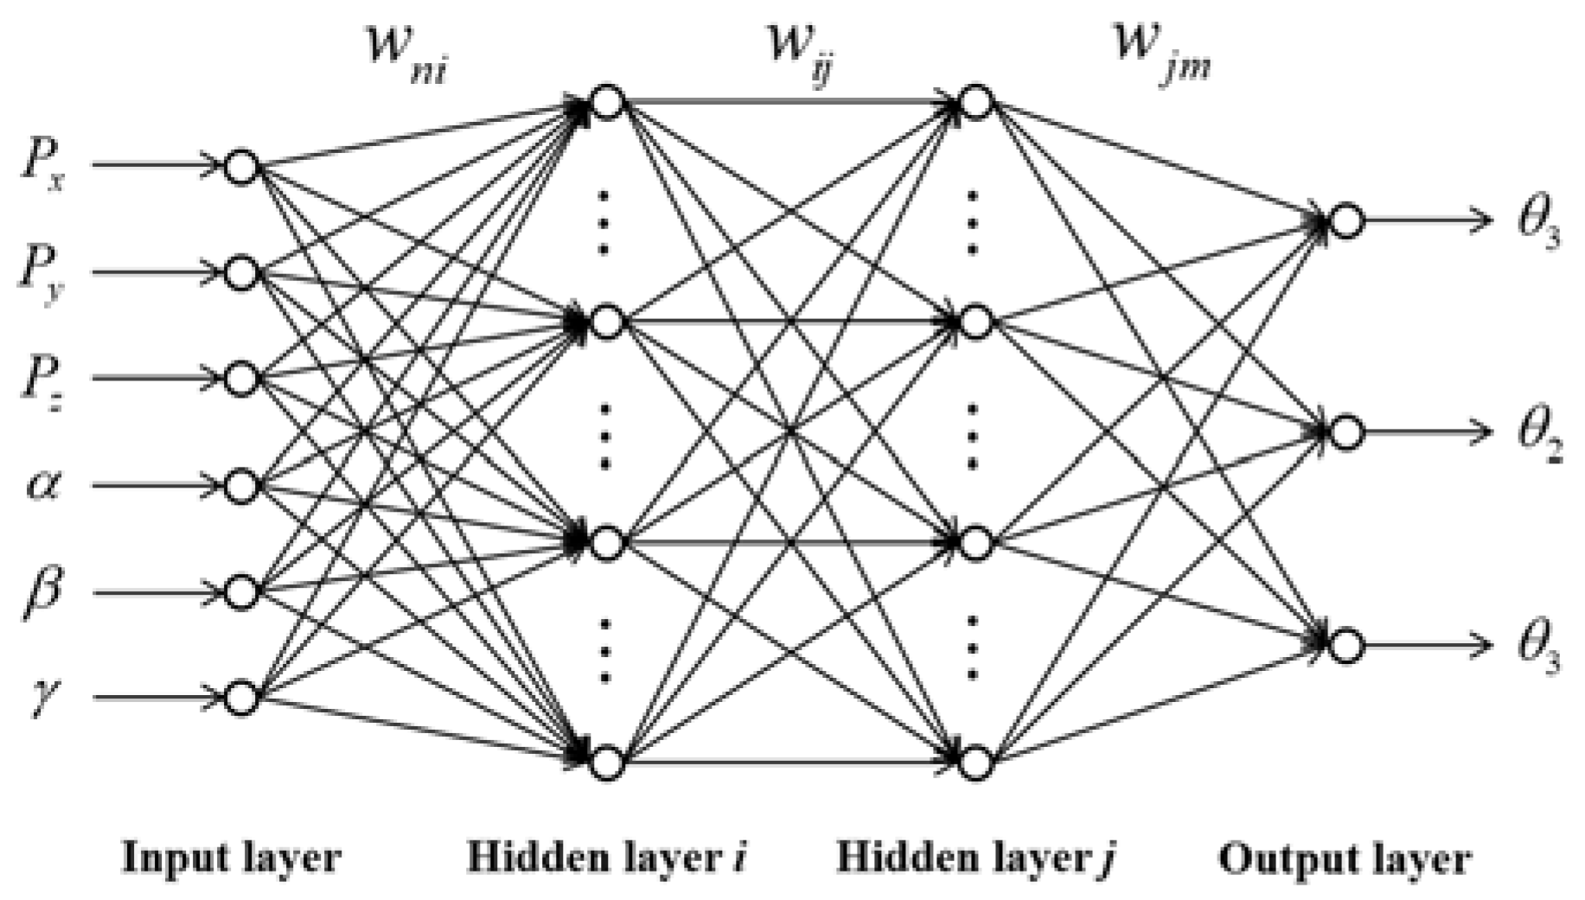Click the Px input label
(42, 166)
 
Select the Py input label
(42, 272)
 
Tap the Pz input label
(42, 380)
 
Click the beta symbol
(42, 595)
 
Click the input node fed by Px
(242, 166)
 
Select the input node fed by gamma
(242, 698)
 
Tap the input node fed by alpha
(242, 486)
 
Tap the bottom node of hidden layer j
(975, 763)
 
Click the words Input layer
(232, 859)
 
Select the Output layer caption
(1345, 859)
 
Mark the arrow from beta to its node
(156, 593)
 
